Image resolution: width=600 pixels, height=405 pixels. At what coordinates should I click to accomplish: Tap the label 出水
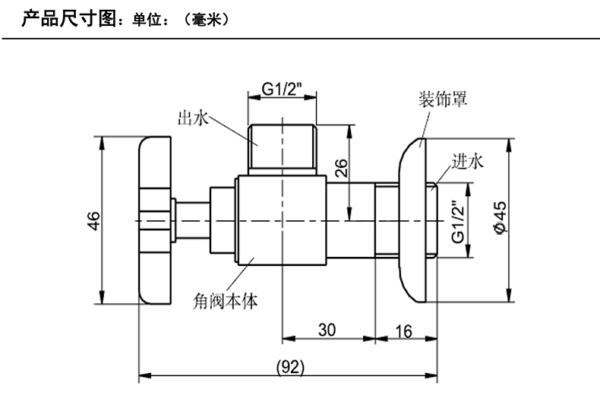(x=189, y=118)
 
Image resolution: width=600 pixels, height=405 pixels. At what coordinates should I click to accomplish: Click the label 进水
(x=467, y=161)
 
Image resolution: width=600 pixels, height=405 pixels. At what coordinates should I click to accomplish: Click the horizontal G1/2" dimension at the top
(x=282, y=90)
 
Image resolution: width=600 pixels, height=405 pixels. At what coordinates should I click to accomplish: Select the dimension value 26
(x=341, y=168)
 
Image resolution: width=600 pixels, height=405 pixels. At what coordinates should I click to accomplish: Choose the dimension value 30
(x=327, y=329)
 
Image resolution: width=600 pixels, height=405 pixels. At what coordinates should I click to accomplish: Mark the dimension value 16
(x=404, y=329)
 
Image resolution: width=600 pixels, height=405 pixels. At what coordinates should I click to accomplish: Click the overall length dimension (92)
(x=289, y=367)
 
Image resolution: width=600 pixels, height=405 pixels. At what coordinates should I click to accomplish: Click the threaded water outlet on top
(x=282, y=146)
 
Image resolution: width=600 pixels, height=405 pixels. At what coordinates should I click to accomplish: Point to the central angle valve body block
(x=281, y=220)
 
